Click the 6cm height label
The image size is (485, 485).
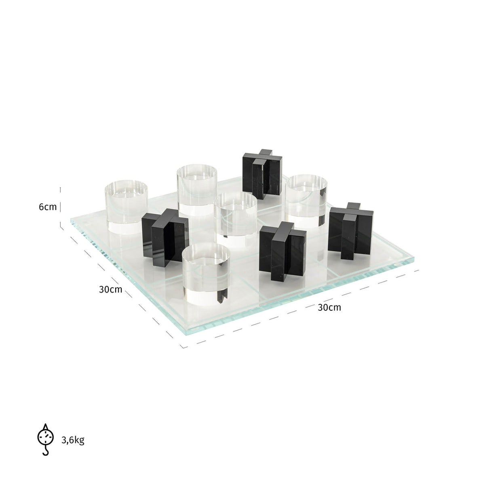(48, 207)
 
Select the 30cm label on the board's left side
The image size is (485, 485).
(110, 290)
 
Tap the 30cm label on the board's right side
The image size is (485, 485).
(329, 307)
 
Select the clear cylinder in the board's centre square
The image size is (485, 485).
(236, 214)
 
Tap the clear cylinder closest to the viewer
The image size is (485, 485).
(206, 273)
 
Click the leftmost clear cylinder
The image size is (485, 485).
(127, 206)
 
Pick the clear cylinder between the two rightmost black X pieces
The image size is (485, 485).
(306, 200)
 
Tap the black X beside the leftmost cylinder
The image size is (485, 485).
(165, 236)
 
